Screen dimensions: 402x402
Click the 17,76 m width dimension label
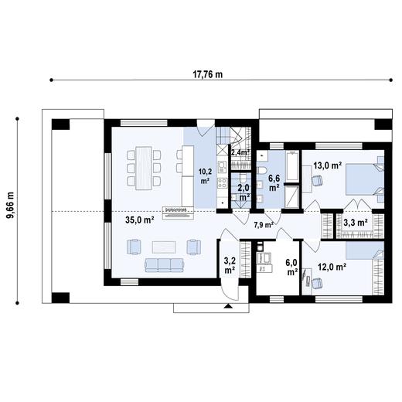point(207,74)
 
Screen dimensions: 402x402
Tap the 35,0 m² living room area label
point(140,220)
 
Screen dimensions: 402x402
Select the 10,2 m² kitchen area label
point(205,175)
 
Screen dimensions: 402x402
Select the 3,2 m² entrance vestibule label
point(230,265)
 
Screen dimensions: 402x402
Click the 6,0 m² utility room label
point(291,266)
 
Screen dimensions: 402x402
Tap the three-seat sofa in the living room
point(162,265)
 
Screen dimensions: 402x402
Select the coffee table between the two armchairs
point(163,247)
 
